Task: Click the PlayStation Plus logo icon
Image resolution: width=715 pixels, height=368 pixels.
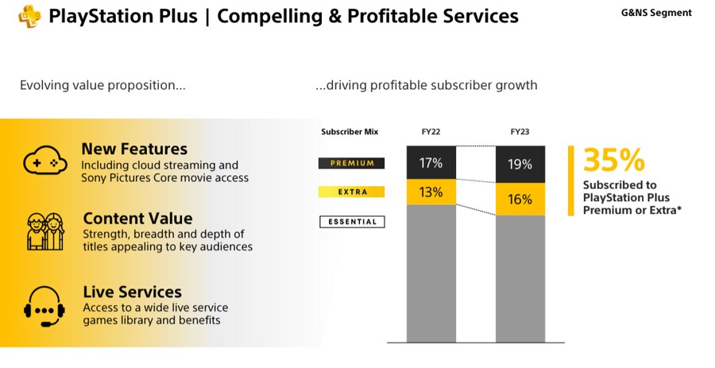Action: [29, 16]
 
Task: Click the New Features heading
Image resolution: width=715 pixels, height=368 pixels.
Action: [134, 149]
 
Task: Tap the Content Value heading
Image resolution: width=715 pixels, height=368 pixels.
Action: [137, 219]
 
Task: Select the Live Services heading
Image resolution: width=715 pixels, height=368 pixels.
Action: [132, 292]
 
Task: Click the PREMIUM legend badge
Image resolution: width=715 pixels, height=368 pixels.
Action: [351, 163]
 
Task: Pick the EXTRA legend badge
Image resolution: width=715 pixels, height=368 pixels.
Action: [351, 192]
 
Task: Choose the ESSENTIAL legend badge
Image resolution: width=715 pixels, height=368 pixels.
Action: [351, 222]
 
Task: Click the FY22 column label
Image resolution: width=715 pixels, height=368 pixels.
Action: [431, 132]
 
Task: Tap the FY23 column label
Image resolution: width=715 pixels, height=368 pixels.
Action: [520, 132]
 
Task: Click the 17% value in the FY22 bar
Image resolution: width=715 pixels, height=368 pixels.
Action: [431, 163]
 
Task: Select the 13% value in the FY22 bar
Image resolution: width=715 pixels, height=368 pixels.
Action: [431, 192]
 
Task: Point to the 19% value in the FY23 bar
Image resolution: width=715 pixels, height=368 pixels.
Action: [520, 165]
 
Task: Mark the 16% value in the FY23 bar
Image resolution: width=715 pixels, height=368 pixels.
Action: [520, 199]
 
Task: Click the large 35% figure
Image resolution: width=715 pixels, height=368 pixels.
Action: [614, 161]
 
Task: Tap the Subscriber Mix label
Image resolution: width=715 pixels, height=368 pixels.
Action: [350, 132]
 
